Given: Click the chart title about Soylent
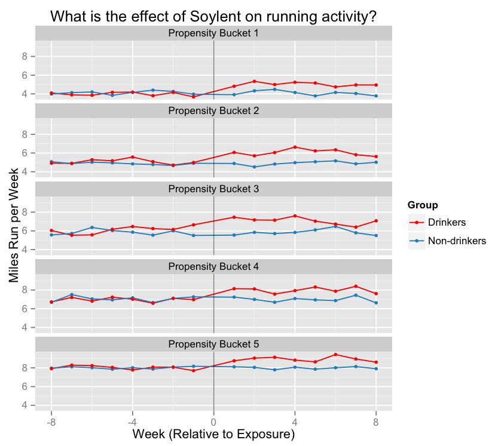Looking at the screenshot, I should tap(213, 16).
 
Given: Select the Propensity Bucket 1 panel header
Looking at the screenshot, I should tap(213, 33).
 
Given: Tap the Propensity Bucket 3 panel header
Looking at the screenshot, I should tap(213, 189).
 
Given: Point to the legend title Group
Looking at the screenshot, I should tap(423, 205).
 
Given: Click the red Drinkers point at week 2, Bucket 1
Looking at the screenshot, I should tap(254, 81).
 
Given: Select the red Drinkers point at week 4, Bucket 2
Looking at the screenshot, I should tap(295, 147).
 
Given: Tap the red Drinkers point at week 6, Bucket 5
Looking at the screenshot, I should tap(335, 355).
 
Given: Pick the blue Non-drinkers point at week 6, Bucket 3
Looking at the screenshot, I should tap(335, 226).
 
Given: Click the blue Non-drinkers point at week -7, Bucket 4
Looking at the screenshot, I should tap(72, 294).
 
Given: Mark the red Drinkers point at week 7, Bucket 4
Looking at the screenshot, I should tap(356, 286).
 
